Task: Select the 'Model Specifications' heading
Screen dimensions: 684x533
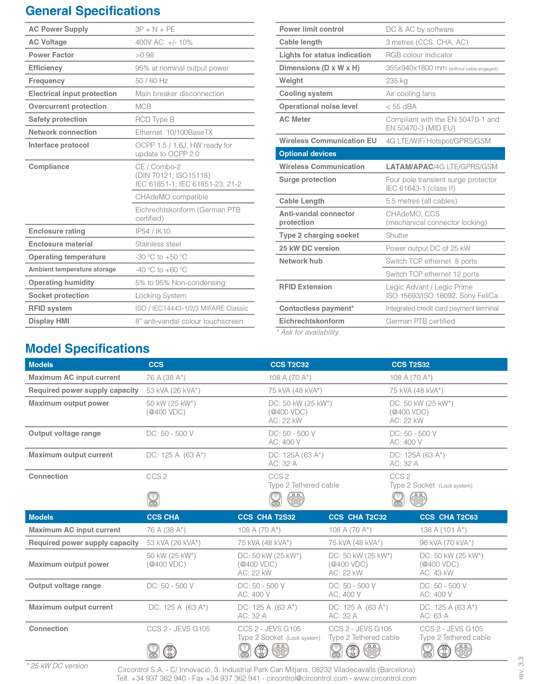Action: point(87,349)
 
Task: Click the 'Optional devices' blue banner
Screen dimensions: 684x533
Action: point(390,154)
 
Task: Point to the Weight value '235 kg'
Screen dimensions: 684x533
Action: point(397,81)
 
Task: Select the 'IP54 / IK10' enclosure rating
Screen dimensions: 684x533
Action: point(153,231)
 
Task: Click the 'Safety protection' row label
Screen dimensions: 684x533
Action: point(58,119)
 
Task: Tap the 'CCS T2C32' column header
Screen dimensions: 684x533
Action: point(289,365)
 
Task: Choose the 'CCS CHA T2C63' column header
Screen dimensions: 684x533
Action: point(449,517)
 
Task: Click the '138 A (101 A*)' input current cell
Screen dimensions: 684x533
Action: point(443,530)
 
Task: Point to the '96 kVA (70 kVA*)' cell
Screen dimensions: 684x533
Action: point(446,543)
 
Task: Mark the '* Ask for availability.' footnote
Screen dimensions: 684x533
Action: point(308,332)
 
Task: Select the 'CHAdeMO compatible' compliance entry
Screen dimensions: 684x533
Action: point(172,197)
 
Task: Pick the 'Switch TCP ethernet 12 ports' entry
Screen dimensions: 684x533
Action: point(432,274)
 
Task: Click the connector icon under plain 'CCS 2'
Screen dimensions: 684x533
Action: point(153,499)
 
